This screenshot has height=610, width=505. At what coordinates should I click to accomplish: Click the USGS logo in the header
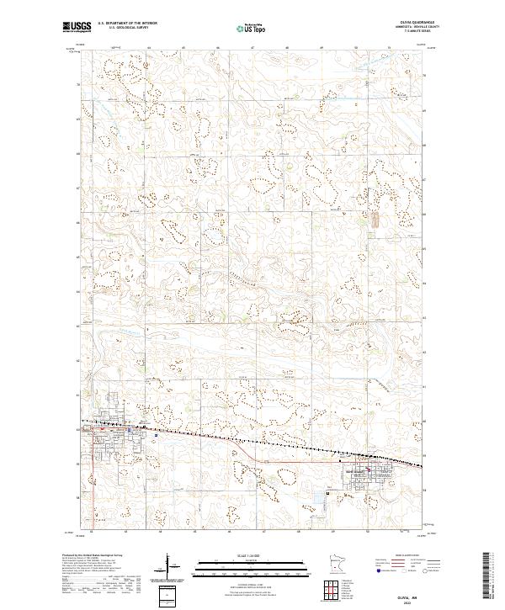tap(76, 27)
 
